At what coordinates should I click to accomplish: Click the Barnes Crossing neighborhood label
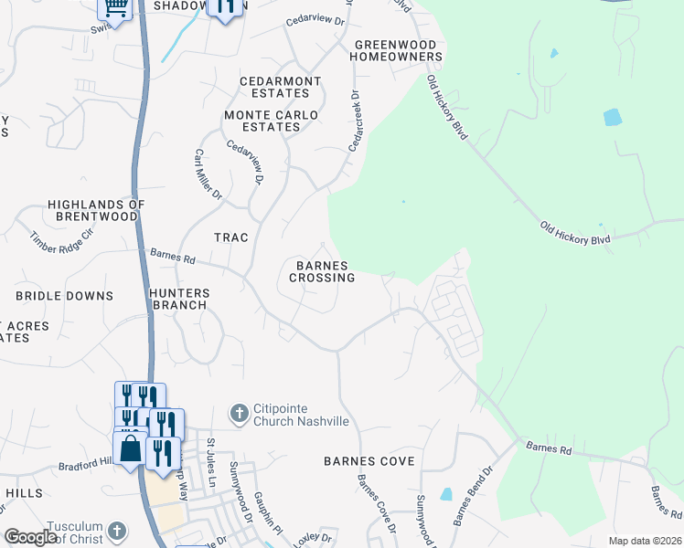[x=324, y=271]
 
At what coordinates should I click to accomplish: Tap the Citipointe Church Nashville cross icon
[x=239, y=414]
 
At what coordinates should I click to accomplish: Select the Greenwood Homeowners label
[x=398, y=50]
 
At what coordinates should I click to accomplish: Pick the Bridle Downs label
[x=64, y=296]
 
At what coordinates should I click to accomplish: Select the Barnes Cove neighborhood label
[x=369, y=461]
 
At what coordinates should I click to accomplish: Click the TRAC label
[x=231, y=237]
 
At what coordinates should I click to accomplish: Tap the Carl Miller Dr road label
[x=208, y=174]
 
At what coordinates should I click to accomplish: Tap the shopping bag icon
[x=129, y=448]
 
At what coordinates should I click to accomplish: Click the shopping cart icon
[x=115, y=7]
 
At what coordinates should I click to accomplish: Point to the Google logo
[x=31, y=537]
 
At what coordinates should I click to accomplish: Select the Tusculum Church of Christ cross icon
[x=116, y=531]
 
